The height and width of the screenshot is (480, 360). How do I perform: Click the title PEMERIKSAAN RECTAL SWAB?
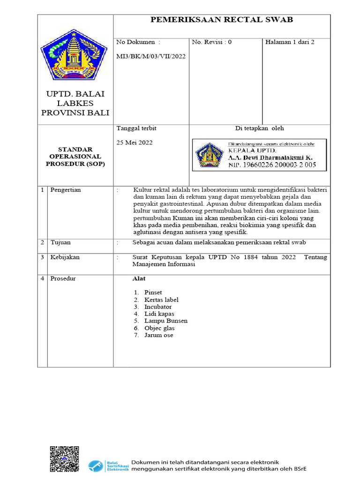pos(221,19)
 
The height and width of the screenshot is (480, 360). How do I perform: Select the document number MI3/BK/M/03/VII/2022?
pos(150,56)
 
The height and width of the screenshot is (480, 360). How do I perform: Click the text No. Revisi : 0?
pos(211,42)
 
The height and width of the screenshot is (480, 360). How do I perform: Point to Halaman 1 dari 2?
pos(290,42)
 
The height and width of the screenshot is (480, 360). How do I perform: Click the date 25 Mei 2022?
pos(134,142)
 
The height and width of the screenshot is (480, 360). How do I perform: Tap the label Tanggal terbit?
pos(136,128)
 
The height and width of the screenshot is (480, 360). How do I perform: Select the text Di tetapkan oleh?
pos(259,128)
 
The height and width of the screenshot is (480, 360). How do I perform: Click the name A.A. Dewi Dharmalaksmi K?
pos(270,158)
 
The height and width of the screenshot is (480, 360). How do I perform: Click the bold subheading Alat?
pos(139,278)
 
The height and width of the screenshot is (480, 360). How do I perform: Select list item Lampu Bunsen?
pos(165,321)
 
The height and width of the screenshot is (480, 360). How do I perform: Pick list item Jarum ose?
pos(158,335)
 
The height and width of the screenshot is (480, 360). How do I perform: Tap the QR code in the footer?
pos(64,459)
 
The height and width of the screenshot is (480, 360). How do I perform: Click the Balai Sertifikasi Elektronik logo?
pos(108,465)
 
